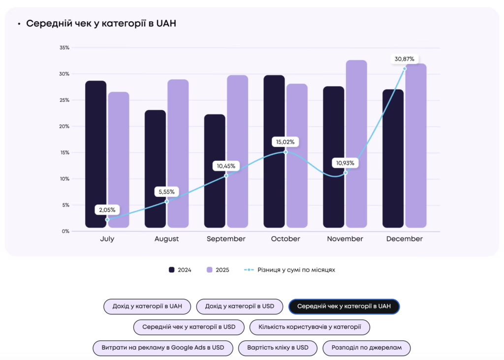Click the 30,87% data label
coord(405,59)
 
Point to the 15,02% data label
coord(285,142)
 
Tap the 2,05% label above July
coord(107,210)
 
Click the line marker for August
coord(167,201)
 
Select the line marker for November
coord(346,173)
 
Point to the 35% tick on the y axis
coord(64,48)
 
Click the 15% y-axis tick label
coord(64,152)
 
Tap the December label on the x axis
coord(405,239)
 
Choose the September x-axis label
coord(226,239)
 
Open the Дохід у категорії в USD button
coord(240,306)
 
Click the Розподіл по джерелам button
coord(367,347)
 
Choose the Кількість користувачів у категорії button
coord(310,327)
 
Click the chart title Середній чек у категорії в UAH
coord(101,24)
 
